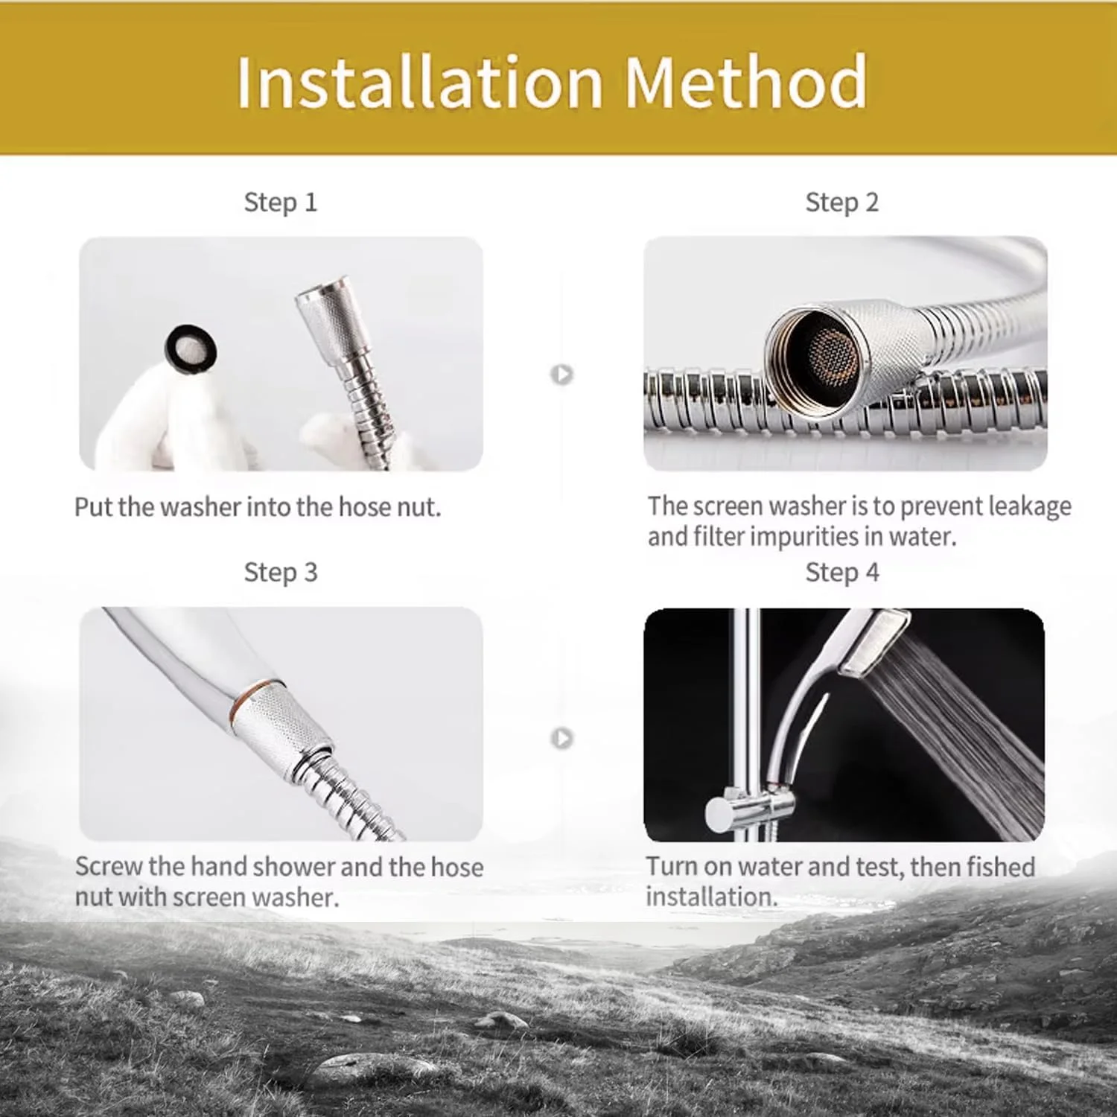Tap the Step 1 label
(281, 203)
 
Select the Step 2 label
(842, 203)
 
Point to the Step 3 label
(281, 573)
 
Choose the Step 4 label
(842, 573)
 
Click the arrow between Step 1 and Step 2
(562, 374)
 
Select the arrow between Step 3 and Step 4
(562, 738)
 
